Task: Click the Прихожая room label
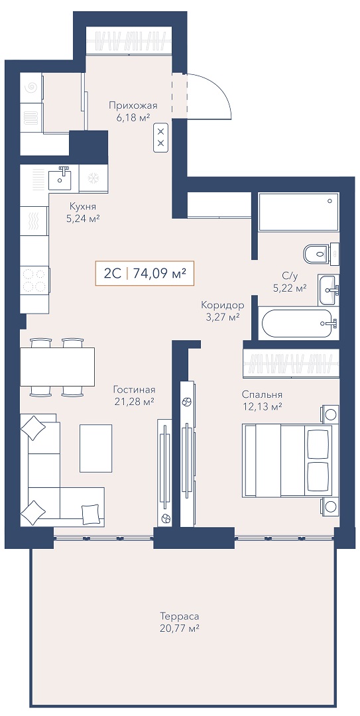133,106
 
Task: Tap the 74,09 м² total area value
159,274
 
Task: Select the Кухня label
83,206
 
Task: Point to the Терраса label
180,615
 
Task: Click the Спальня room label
262,395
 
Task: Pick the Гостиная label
135,390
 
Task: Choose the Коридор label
222,305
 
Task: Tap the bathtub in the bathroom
297,324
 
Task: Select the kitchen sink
61,178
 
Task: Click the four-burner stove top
34,280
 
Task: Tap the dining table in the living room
58,367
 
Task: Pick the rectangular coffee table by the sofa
96,448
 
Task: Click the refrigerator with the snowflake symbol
93,178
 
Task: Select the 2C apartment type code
112,274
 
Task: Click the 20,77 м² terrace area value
180,628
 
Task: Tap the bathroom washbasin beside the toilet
328,289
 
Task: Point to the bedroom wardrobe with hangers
292,363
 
